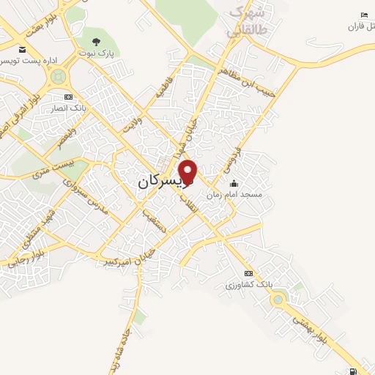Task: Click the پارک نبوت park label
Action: pyautogui.click(x=97, y=53)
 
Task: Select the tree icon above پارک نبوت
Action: pyautogui.click(x=97, y=41)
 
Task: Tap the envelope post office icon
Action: pyautogui.click(x=23, y=49)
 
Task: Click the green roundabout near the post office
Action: pyautogui.click(x=59, y=74)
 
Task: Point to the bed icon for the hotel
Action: pyautogui.click(x=364, y=15)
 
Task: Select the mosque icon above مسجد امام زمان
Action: pyautogui.click(x=234, y=184)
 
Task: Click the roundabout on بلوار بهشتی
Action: pyautogui.click(x=278, y=298)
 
